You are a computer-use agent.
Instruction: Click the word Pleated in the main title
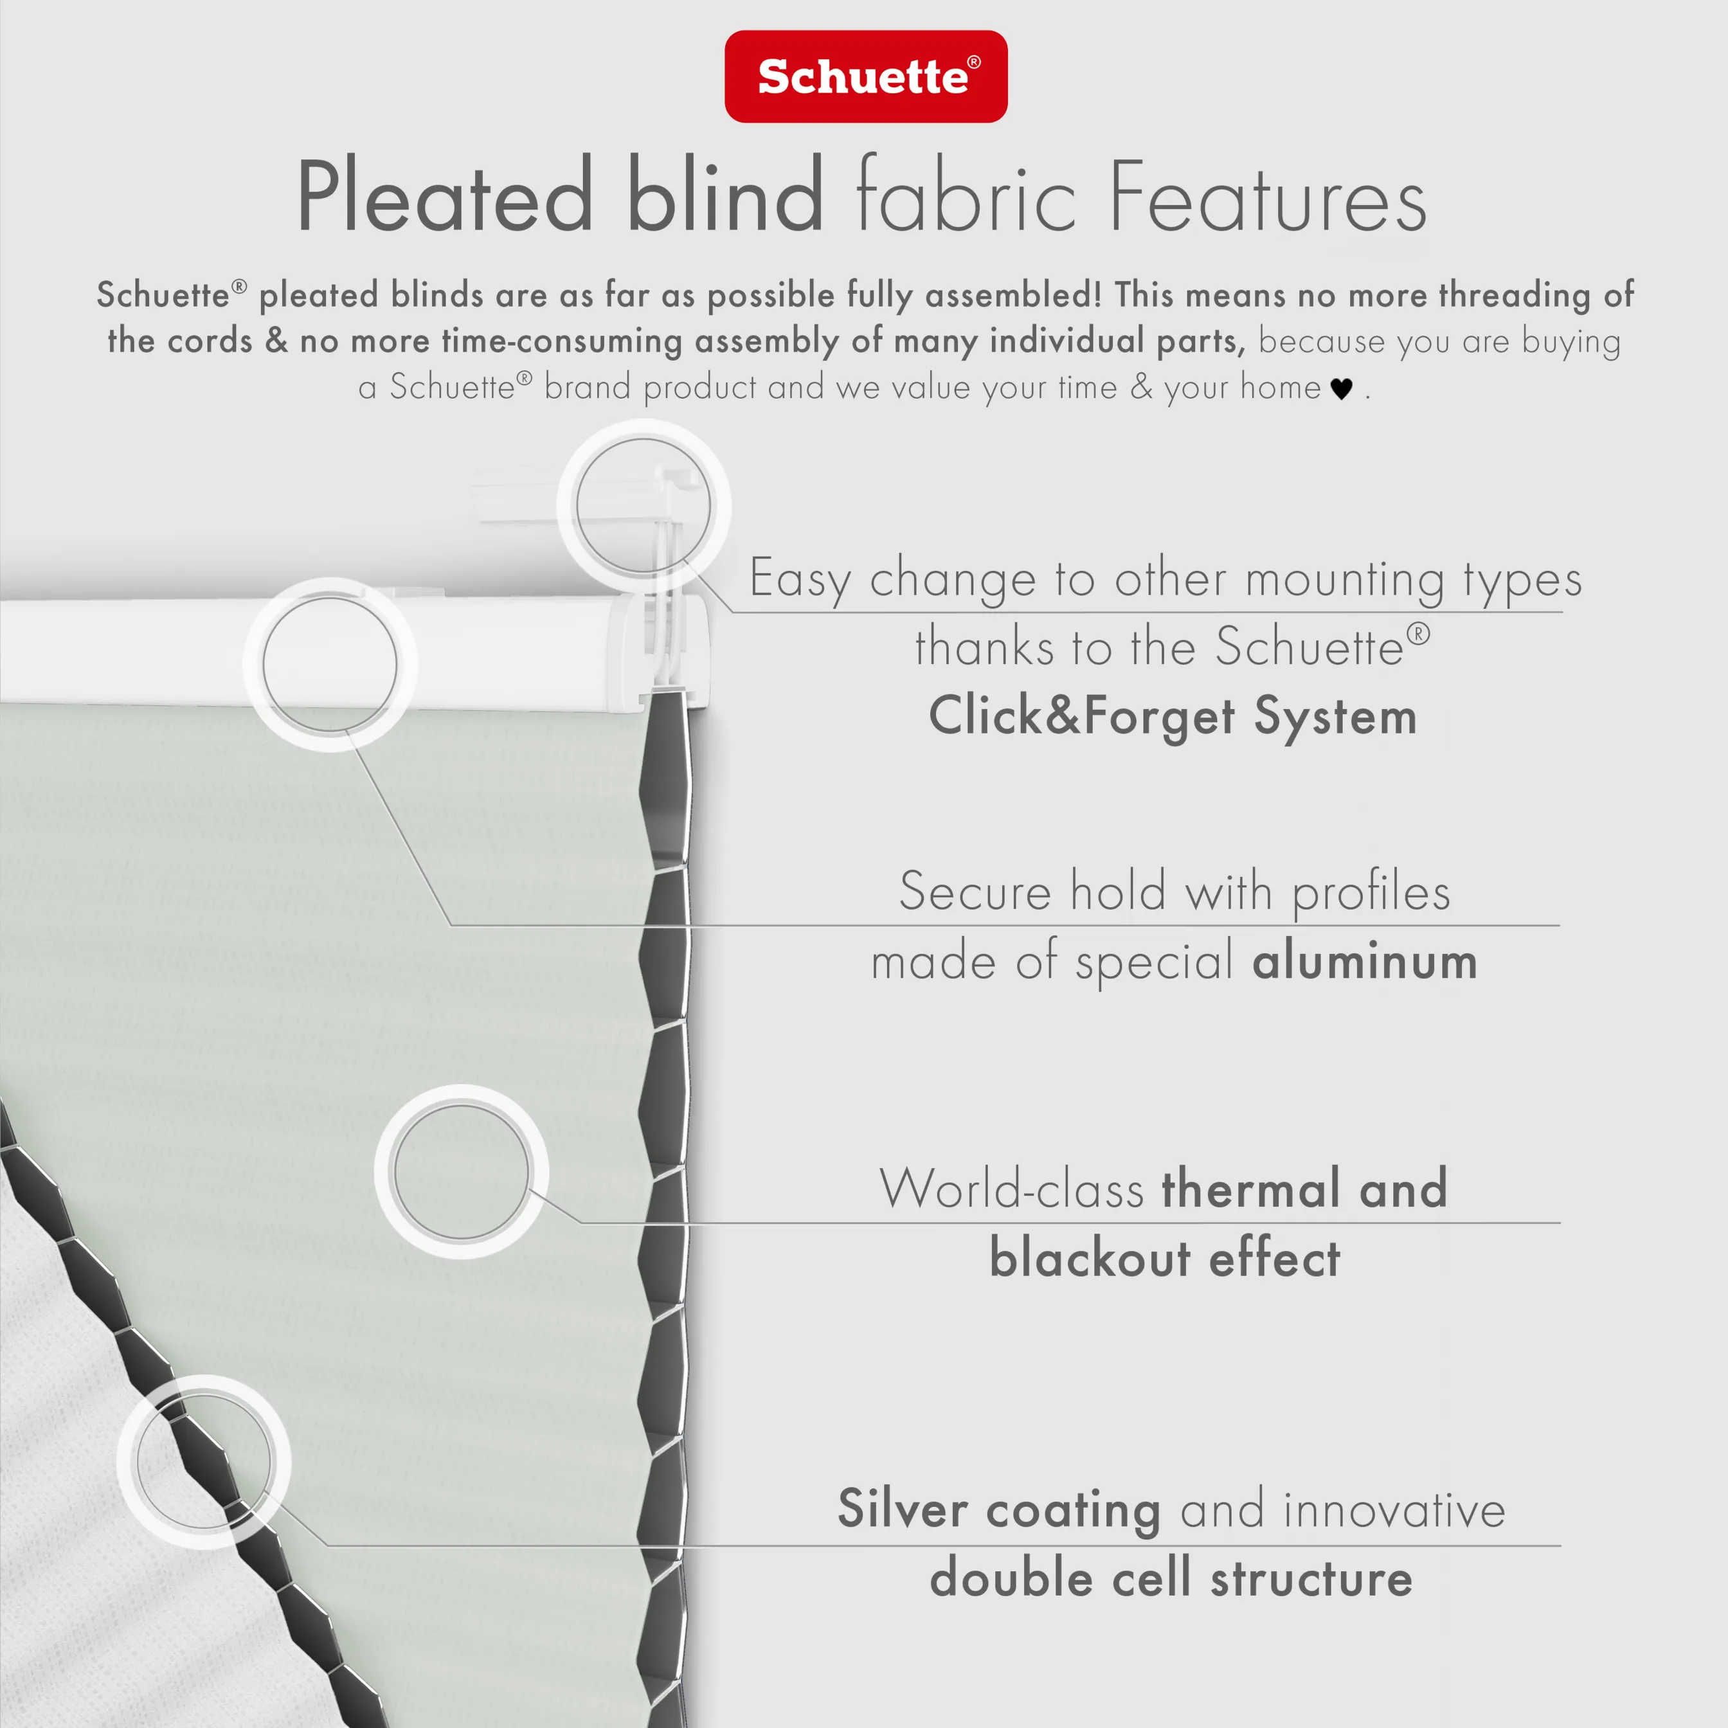click(444, 196)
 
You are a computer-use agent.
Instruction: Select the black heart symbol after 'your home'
click(1341, 389)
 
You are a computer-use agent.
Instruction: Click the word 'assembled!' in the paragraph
click(1013, 295)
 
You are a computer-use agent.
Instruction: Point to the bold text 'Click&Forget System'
click(1173, 716)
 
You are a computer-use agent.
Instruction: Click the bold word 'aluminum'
click(1364, 962)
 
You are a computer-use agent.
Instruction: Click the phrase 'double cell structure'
click(1171, 1578)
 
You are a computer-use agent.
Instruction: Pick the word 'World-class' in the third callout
click(1012, 1189)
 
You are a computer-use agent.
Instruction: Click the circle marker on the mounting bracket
click(643, 506)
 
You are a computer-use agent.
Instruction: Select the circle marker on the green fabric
click(462, 1172)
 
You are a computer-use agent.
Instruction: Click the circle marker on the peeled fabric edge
click(203, 1461)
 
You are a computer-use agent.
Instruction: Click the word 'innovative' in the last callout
click(1394, 1510)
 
